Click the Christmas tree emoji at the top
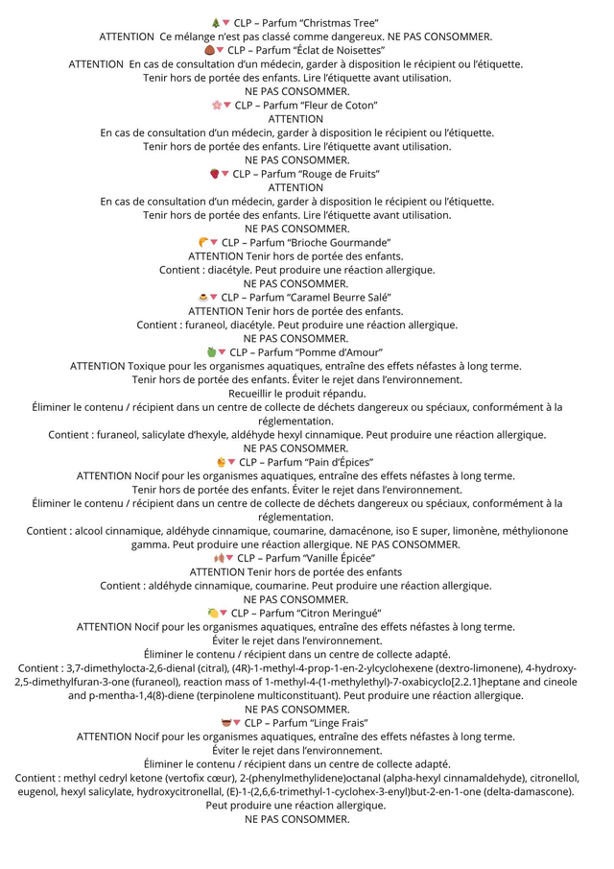tap(215, 22)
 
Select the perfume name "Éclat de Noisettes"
tap(343, 50)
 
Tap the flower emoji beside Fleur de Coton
tap(217, 105)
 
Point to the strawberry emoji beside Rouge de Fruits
tap(215, 174)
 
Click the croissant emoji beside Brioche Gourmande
tap(203, 243)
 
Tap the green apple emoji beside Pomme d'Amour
tap(211, 352)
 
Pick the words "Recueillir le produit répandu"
tap(296, 394)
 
